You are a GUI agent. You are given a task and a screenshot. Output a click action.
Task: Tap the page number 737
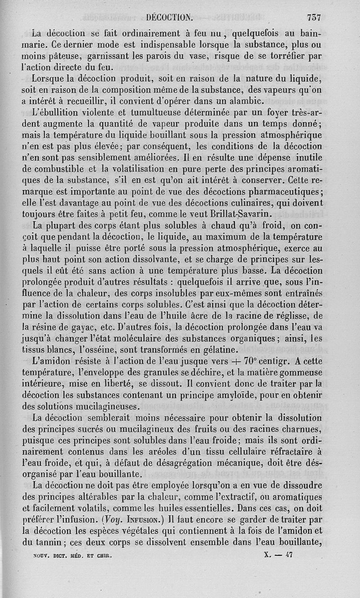point(313,18)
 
